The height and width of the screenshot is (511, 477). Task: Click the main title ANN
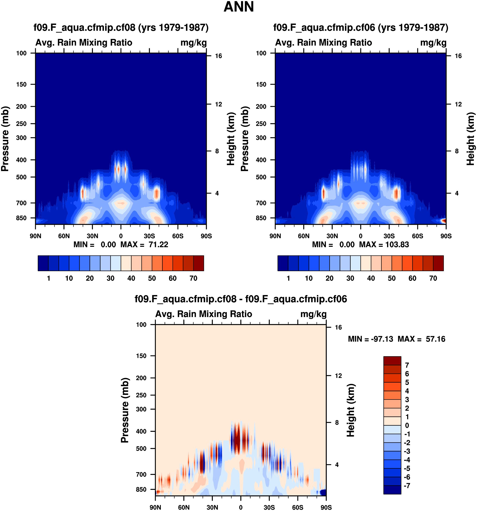coord(239,7)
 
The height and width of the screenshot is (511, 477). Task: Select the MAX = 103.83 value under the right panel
coord(384,245)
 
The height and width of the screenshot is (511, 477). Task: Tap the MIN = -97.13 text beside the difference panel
coord(371,339)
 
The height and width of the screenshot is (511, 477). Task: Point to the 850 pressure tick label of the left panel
coord(21,218)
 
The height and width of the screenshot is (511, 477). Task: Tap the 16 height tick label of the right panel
coord(458,56)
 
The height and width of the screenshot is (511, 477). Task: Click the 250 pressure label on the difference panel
coord(141,395)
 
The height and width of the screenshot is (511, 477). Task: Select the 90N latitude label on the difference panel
coord(155,507)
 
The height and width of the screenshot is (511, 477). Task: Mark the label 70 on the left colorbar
coord(193,278)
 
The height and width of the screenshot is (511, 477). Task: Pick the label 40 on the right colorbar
coord(371,278)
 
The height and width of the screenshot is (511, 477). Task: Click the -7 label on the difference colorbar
coord(407,486)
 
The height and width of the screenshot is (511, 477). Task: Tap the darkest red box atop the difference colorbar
coord(392,361)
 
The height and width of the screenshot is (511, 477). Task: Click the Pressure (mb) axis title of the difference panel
coord(125,410)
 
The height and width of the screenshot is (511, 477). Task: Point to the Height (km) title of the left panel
coord(231,139)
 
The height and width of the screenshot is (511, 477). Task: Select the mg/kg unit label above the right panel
coord(433,43)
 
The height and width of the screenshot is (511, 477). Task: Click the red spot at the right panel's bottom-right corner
coord(444,221)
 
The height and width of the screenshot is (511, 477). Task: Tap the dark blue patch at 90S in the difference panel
coord(323,492)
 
